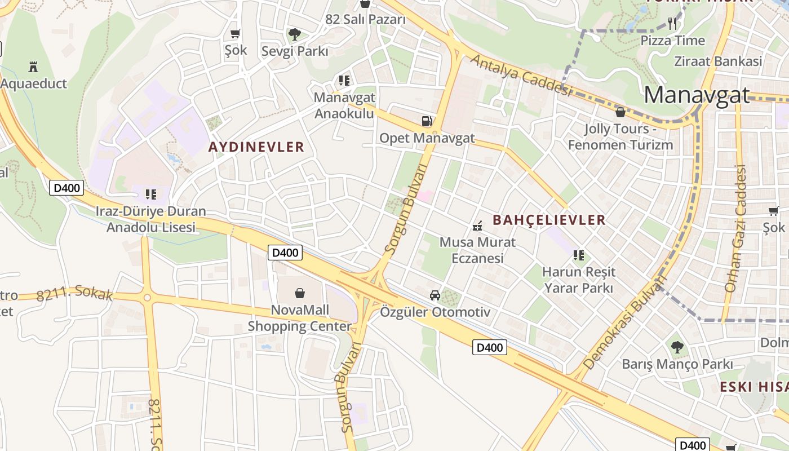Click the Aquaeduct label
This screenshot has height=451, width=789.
(34, 84)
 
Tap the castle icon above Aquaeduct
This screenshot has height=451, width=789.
(33, 67)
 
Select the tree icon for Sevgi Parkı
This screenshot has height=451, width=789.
(294, 34)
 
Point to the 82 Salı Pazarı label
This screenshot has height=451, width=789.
(365, 20)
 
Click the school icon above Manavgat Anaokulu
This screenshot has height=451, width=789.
(344, 81)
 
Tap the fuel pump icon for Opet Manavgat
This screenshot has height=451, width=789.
(427, 121)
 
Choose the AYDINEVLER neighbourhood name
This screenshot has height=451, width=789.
(256, 147)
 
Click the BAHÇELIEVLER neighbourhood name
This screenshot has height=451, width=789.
(549, 220)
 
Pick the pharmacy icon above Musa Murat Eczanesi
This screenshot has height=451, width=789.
(477, 227)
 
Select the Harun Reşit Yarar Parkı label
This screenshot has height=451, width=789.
(579, 280)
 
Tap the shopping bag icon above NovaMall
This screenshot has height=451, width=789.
(300, 293)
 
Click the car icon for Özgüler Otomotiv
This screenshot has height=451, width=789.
(435, 295)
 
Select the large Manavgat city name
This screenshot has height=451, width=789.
(697, 95)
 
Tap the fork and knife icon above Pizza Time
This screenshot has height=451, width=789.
(672, 24)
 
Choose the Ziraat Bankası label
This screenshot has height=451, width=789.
(718, 61)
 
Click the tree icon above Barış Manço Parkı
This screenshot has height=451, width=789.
(677, 347)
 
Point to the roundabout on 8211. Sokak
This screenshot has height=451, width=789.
(147, 298)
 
